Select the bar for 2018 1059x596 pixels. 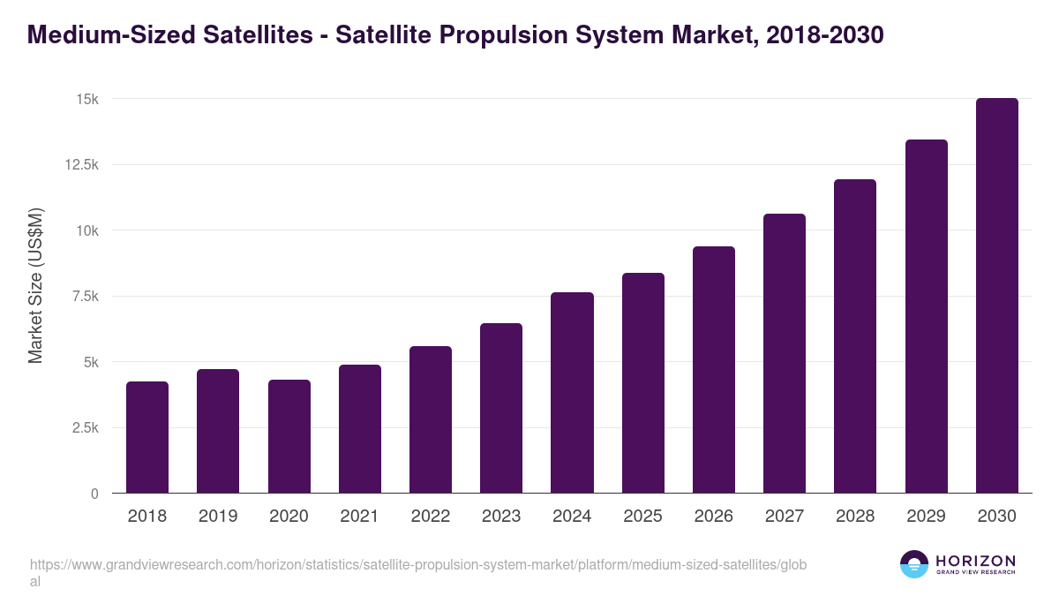point(147,437)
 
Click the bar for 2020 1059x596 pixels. point(289,436)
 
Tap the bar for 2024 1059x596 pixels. point(572,393)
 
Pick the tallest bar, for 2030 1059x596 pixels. point(996,296)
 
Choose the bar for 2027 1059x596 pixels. point(785,353)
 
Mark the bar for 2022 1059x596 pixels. point(431,419)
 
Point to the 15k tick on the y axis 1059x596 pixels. point(86,99)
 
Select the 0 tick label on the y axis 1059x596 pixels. point(94,494)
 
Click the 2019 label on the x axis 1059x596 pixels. point(217,517)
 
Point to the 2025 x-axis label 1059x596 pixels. point(642,517)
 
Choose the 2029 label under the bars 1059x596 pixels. point(926,517)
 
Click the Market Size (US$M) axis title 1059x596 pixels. point(35,285)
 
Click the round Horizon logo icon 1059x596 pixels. point(914,564)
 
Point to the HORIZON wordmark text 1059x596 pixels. point(975,560)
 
